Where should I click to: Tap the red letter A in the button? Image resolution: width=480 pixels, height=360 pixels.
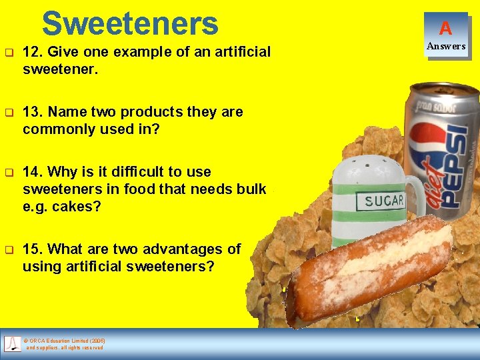(x=445, y=28)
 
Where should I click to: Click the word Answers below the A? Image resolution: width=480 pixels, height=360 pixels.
(x=446, y=46)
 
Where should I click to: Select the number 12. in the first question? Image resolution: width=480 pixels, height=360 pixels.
(x=34, y=52)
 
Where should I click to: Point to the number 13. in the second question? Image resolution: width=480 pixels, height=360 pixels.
(x=34, y=112)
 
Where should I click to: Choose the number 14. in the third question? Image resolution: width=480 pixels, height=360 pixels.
(x=34, y=172)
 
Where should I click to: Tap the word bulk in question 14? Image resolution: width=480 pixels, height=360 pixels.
(x=251, y=189)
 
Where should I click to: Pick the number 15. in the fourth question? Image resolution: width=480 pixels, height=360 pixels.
(x=34, y=249)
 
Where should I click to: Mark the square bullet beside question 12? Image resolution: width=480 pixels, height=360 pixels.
(x=9, y=52)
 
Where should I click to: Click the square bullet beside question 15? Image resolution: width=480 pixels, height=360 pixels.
(x=9, y=249)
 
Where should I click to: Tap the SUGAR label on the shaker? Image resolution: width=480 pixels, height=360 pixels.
(x=384, y=201)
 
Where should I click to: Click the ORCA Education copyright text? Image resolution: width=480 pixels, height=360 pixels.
(x=65, y=343)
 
